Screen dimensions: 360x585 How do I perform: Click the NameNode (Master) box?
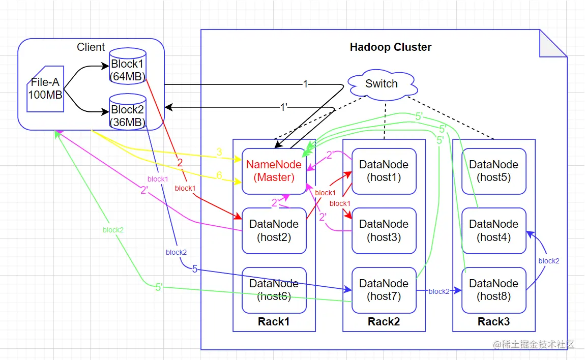point(274,171)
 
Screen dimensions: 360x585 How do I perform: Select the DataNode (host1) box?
point(384,171)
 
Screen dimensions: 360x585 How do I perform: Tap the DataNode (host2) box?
point(274,230)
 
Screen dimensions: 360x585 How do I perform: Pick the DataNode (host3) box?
point(384,230)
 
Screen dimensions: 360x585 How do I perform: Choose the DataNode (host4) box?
point(493,230)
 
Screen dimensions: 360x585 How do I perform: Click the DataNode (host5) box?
point(493,171)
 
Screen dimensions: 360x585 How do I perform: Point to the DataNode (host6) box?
point(274,290)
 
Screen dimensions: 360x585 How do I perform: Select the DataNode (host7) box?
point(384,290)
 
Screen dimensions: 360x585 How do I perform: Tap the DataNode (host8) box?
point(493,290)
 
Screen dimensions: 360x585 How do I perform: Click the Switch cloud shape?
point(382,84)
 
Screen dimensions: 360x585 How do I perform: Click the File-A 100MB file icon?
point(45,88)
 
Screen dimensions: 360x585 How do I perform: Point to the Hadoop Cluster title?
point(391,47)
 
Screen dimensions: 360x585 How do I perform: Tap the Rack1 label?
point(274,321)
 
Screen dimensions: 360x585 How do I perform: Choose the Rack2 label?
point(384,321)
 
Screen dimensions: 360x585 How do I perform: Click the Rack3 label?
point(493,321)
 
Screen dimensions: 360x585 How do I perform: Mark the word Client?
point(91,47)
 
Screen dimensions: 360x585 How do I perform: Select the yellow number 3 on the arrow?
point(219,152)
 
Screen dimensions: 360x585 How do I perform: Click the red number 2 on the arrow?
point(180,163)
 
